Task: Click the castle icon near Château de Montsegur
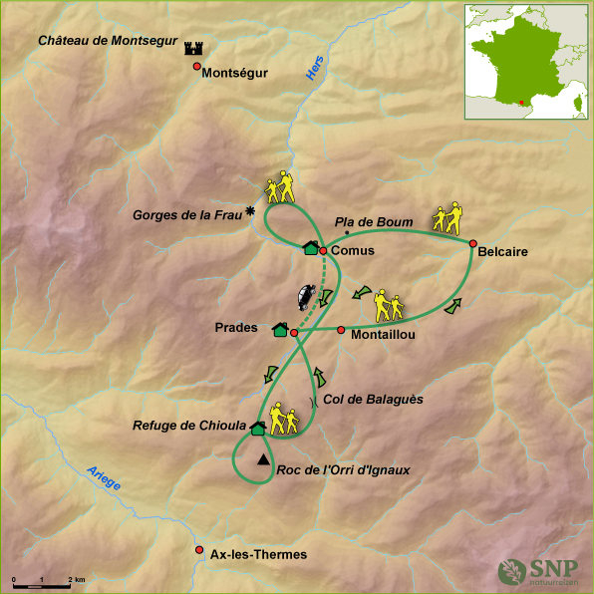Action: pos(193,48)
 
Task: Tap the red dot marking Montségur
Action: pos(197,67)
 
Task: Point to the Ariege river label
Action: pos(104,477)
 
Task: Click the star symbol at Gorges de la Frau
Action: pos(250,211)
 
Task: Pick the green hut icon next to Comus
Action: pos(310,248)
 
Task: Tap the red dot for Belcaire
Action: pos(472,242)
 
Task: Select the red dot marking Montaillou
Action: pos(341,330)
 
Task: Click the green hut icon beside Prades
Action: pos(279,329)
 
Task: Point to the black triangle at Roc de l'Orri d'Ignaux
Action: pos(262,459)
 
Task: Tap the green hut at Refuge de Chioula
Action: pos(257,429)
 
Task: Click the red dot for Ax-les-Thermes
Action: pos(199,550)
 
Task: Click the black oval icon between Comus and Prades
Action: pos(304,297)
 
